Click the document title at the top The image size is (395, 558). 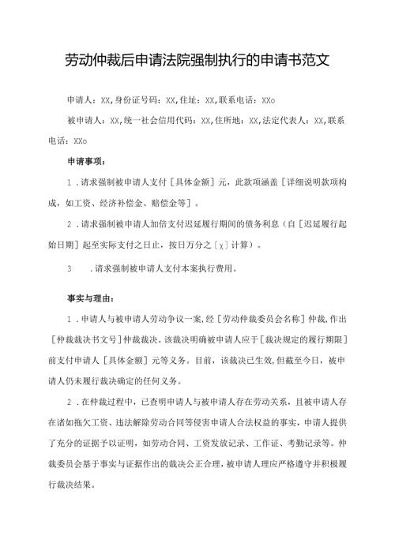[197, 60]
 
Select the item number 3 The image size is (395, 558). [71, 268]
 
